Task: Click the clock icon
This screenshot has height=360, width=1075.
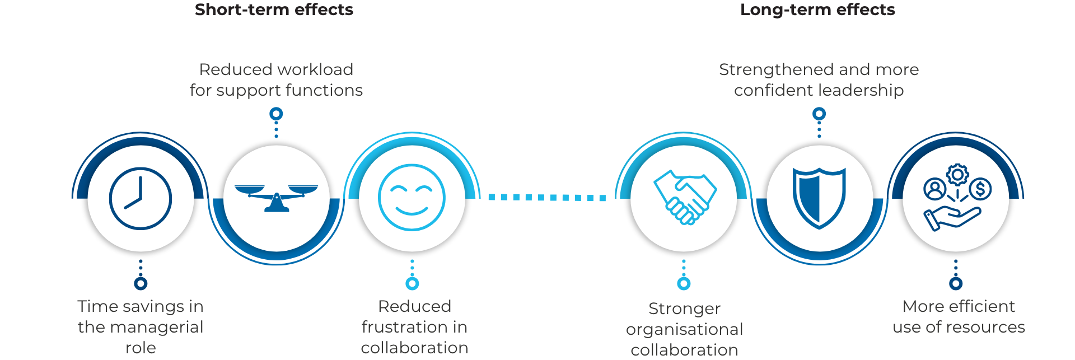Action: pos(141,198)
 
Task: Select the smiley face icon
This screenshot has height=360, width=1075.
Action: pos(412,197)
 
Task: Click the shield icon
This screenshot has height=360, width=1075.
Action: pos(819,198)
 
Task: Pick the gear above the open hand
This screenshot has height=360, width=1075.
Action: pos(957,175)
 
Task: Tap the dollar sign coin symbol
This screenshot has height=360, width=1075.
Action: pos(980,189)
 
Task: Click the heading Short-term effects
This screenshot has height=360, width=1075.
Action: pos(274,10)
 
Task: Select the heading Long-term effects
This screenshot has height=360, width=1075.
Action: pos(817,10)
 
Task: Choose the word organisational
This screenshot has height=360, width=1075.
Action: pos(684,329)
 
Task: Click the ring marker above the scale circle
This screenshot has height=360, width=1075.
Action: pos(276,114)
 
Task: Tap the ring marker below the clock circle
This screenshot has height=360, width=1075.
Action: pos(141,283)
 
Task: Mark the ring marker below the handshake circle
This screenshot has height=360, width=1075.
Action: pos(684,283)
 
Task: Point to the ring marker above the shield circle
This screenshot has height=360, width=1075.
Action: pos(819,114)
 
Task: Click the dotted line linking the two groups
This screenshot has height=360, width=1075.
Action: pos(546,197)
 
